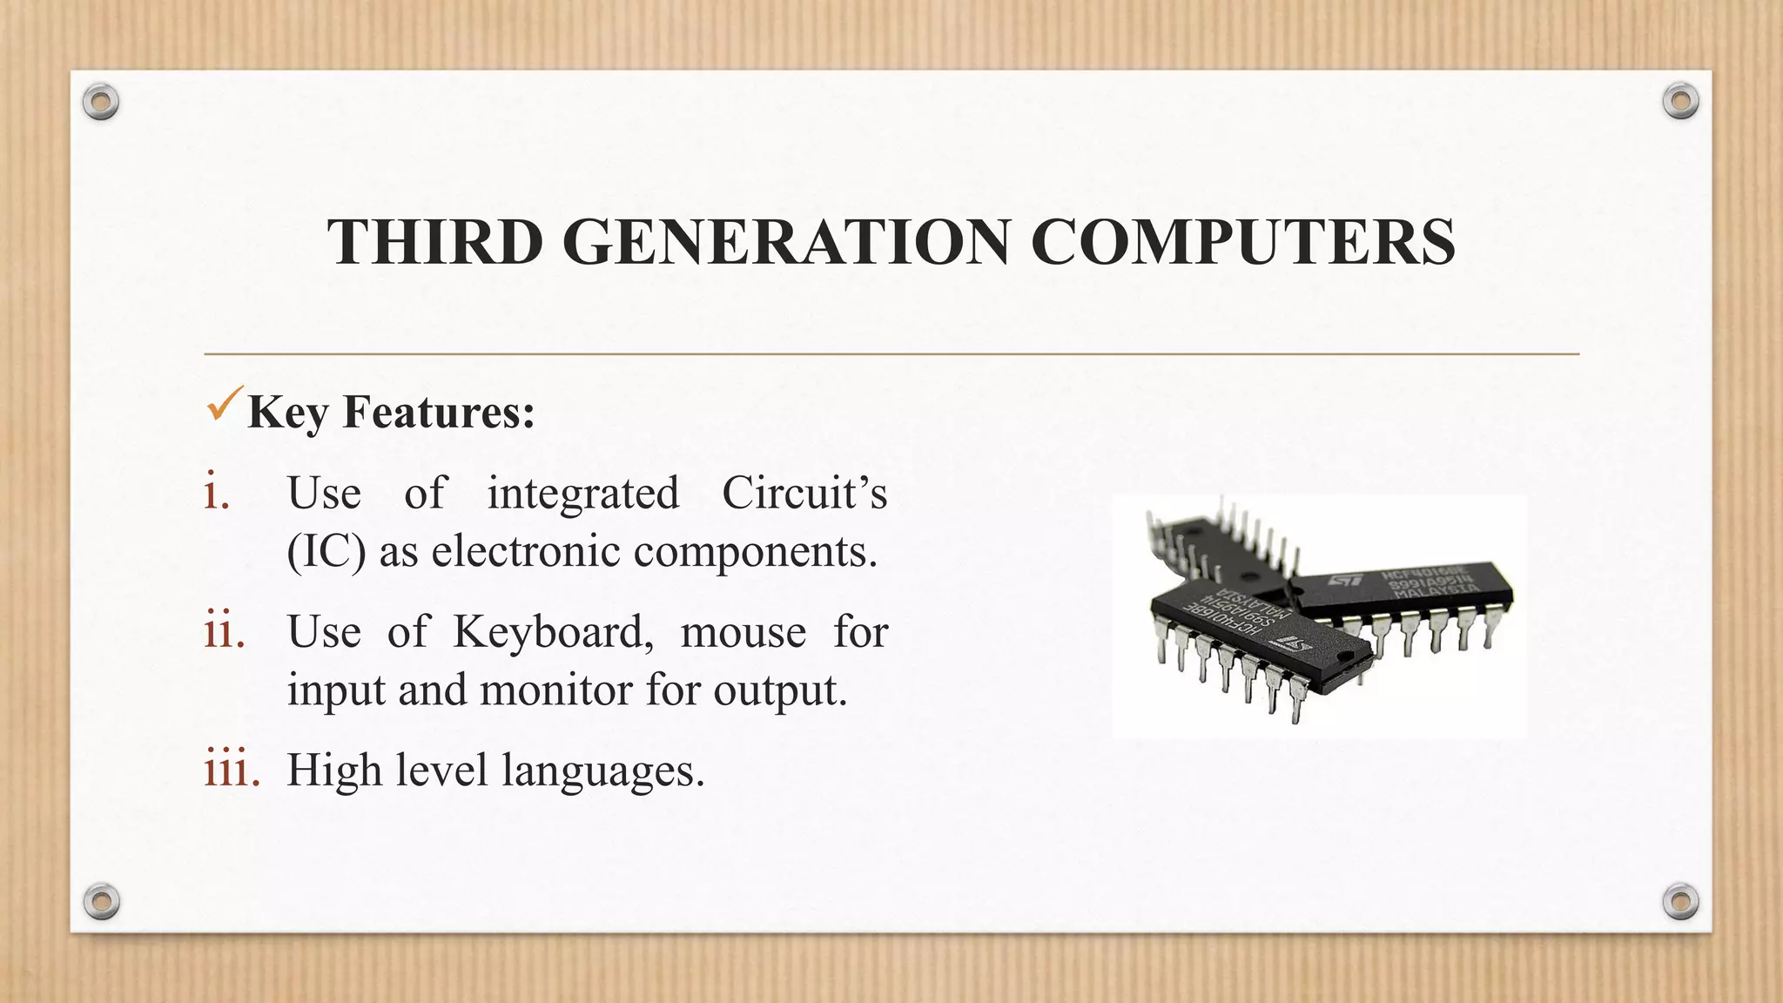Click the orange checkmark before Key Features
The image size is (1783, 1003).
point(223,405)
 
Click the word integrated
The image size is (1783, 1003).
point(582,493)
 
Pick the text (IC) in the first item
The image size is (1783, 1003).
point(326,551)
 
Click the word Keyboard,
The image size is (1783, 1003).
point(553,631)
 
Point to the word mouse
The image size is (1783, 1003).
point(743,631)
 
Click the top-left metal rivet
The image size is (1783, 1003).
point(101,103)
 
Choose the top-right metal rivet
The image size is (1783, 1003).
point(1680,101)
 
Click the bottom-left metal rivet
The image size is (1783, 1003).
point(101,901)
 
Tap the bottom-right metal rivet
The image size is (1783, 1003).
point(1680,901)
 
